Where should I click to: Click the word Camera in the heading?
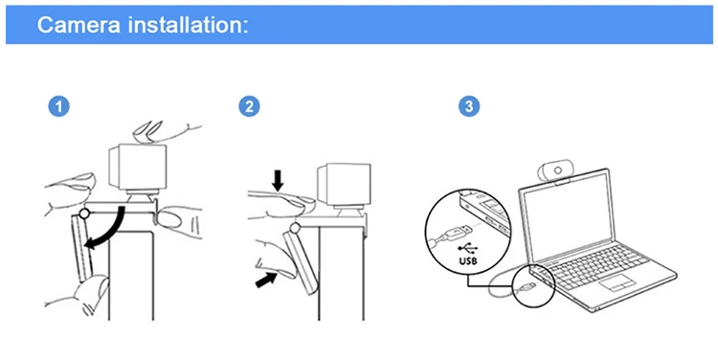click(x=79, y=24)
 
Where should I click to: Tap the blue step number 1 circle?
click(x=58, y=106)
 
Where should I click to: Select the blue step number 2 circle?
click(x=249, y=106)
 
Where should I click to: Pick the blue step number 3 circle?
click(x=469, y=106)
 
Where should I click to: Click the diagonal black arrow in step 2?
click(x=266, y=280)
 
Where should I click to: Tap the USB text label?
click(x=467, y=261)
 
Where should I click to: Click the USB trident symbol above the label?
click(x=467, y=249)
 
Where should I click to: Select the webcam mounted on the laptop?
click(x=554, y=171)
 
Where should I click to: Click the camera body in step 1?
click(x=137, y=167)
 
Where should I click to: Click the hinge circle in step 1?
click(x=84, y=213)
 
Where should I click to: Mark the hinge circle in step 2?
click(x=296, y=227)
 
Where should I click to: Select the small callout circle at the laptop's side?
click(x=534, y=285)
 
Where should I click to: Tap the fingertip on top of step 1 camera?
click(x=147, y=131)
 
